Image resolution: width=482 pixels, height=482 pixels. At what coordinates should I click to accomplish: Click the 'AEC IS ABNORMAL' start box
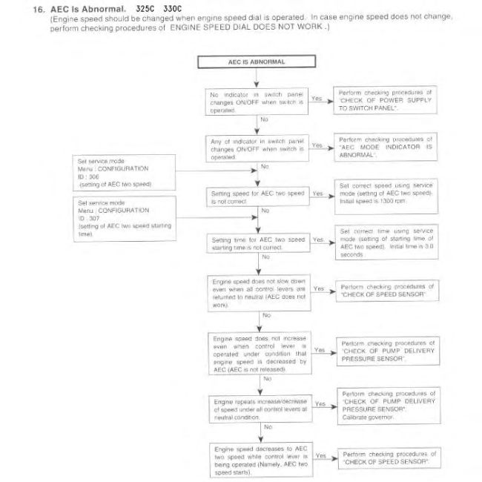pos(257,62)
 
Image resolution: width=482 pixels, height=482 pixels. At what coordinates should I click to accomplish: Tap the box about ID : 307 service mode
pos(125,218)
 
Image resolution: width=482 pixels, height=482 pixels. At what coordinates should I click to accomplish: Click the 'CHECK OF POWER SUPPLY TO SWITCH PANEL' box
pos(386,99)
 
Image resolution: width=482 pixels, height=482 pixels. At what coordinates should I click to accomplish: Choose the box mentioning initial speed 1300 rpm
pos(386,195)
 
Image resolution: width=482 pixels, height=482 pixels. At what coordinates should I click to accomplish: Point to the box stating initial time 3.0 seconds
pos(386,242)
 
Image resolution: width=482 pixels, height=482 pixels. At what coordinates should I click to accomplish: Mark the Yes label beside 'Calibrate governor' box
pos(320,404)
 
